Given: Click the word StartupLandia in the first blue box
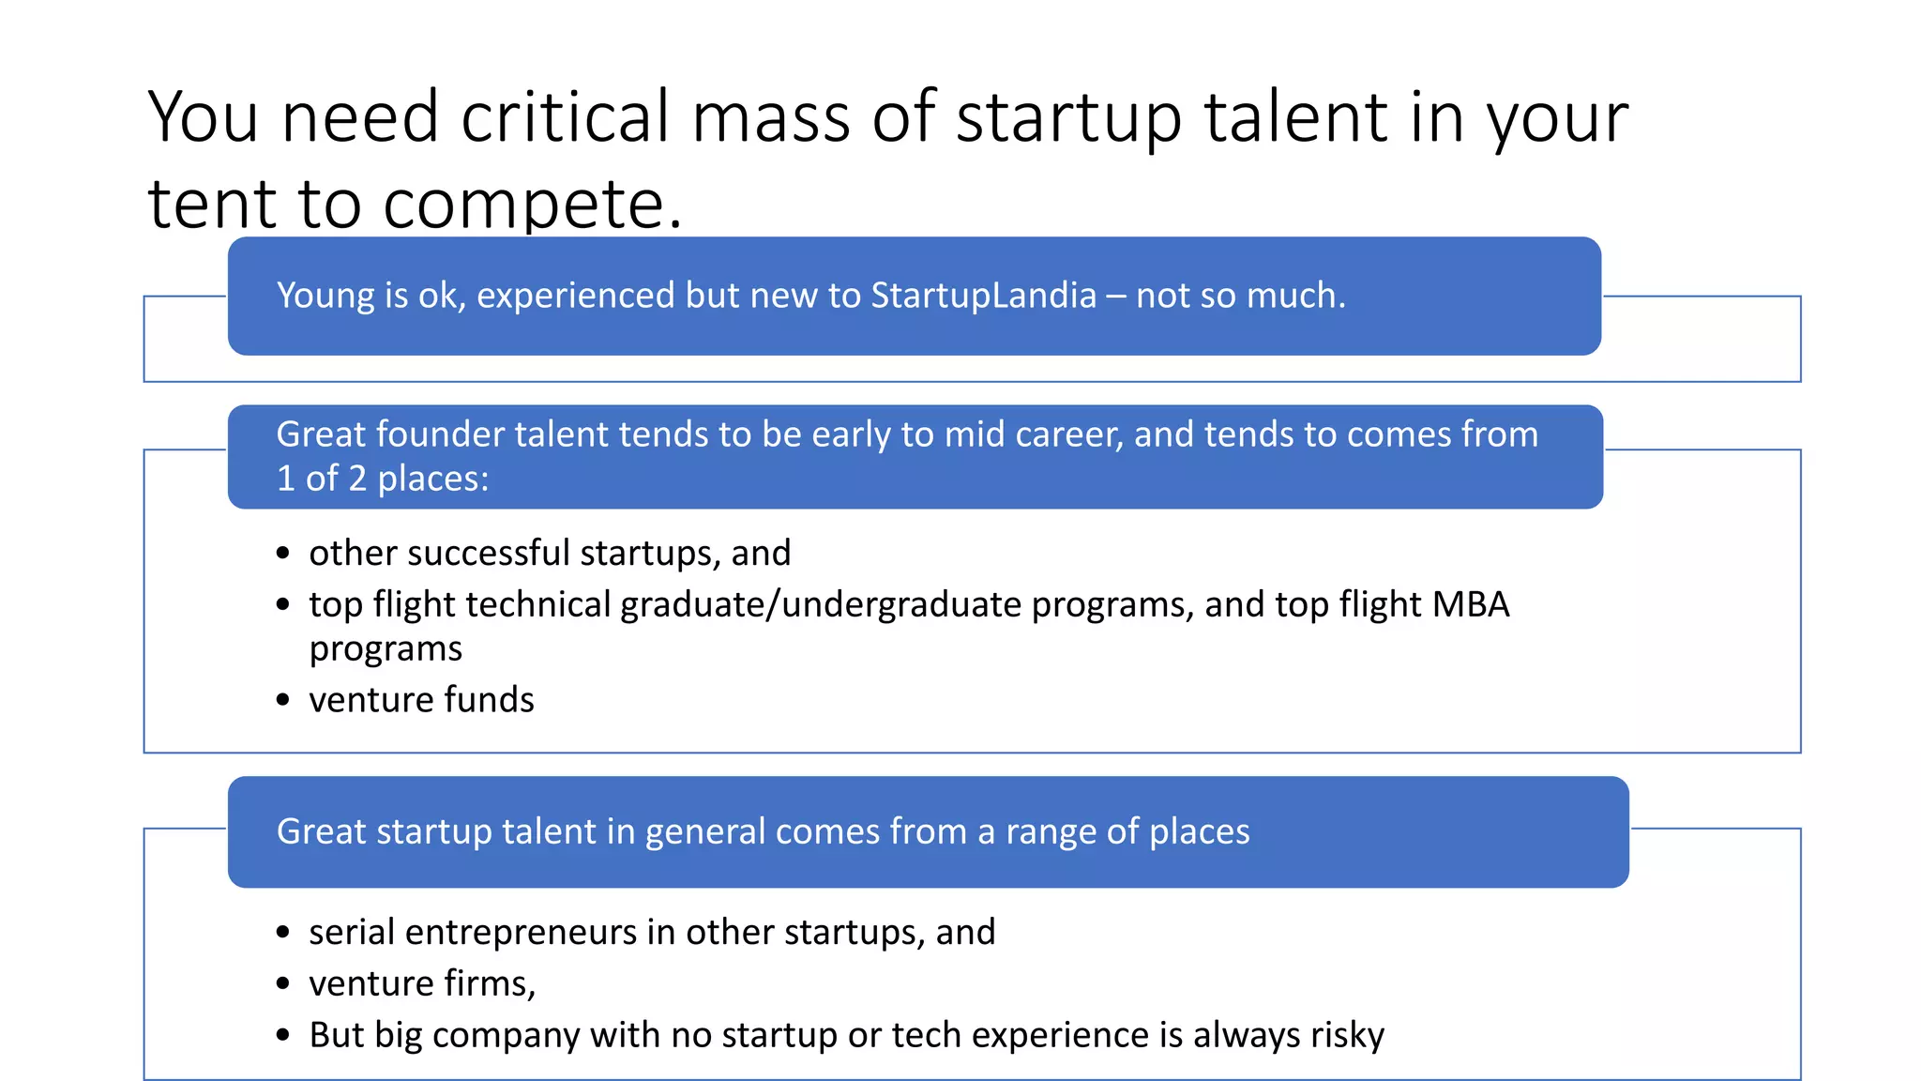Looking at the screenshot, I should pyautogui.click(x=983, y=296).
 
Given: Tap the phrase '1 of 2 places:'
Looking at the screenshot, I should pyautogui.click(x=383, y=480).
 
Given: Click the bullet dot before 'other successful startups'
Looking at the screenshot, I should pyautogui.click(x=283, y=554).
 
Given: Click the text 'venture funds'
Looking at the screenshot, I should pyautogui.click(x=421, y=700).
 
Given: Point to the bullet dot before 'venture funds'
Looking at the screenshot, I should pyautogui.click(x=283, y=701).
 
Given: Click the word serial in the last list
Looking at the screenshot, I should pyautogui.click(x=352, y=933).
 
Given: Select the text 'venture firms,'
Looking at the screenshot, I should pyautogui.click(x=422, y=984).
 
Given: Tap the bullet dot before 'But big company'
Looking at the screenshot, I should pyautogui.click(x=283, y=1036).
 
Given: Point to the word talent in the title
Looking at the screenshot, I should pyautogui.click(x=1294, y=117).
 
